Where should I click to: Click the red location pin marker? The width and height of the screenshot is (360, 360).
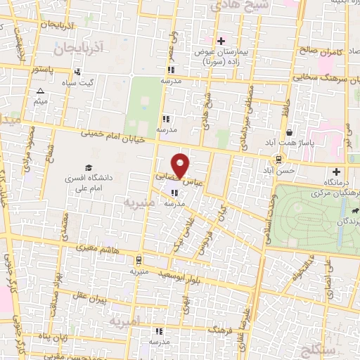tap(181, 165)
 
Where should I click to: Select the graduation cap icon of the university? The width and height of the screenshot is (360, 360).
tap(89, 167)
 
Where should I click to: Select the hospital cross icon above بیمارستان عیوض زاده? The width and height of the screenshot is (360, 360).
tap(221, 41)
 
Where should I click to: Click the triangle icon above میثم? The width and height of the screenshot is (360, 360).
tap(40, 91)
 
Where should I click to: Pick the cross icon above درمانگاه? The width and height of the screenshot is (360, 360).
tap(336, 172)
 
